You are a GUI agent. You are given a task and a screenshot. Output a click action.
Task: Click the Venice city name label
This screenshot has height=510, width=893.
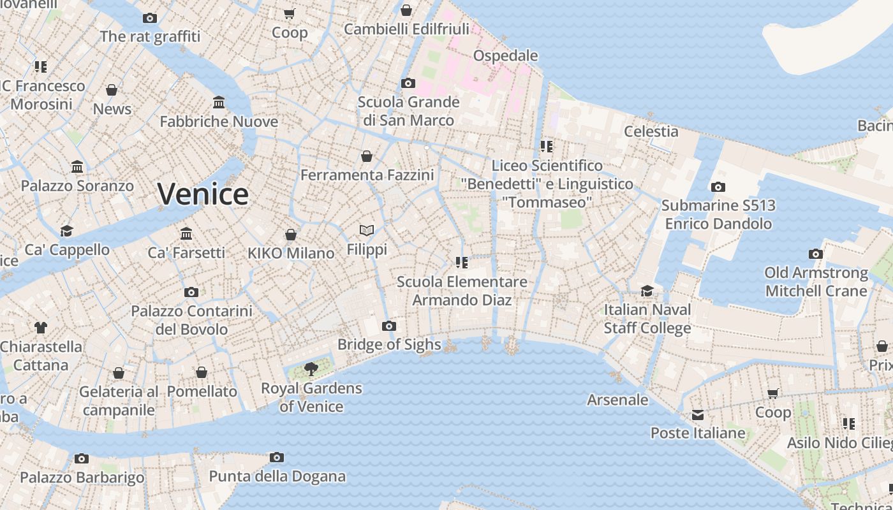203,194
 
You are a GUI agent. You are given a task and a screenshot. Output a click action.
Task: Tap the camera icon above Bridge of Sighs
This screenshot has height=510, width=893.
388,326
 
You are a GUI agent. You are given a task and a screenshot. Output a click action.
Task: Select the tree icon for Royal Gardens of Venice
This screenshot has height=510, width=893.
311,369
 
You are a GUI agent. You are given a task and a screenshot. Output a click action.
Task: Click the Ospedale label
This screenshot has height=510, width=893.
506,56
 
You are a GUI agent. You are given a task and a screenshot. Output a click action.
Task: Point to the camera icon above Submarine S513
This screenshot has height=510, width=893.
718,187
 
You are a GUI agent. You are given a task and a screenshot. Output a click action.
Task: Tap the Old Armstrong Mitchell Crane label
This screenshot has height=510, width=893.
816,282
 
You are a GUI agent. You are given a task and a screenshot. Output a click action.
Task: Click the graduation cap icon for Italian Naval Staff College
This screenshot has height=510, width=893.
647,291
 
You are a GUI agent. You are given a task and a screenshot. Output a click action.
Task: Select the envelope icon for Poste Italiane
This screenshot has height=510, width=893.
698,415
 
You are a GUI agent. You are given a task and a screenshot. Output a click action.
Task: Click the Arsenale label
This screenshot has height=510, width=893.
617,400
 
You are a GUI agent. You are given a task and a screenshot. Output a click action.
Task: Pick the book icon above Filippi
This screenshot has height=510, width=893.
367,230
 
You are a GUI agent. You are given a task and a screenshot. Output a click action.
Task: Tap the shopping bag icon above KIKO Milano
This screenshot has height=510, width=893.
291,235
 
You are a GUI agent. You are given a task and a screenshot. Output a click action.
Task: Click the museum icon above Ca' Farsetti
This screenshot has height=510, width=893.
186,233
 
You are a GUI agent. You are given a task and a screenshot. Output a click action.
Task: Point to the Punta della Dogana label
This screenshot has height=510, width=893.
277,476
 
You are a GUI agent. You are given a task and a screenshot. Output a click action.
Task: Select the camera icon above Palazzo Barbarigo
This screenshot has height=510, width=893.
82,458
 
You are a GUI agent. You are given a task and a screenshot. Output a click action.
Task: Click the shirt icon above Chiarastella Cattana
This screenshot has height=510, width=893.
41,328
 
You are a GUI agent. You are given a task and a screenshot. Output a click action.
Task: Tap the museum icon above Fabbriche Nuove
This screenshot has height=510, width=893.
219,102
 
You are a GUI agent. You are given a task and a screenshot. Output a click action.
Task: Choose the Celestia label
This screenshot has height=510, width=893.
651,131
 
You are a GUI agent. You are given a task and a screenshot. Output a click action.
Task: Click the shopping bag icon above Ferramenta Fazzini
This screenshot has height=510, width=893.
367,156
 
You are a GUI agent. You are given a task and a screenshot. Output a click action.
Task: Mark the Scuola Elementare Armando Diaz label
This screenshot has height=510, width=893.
462,291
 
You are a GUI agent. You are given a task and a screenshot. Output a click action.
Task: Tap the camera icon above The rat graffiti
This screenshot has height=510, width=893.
150,18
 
